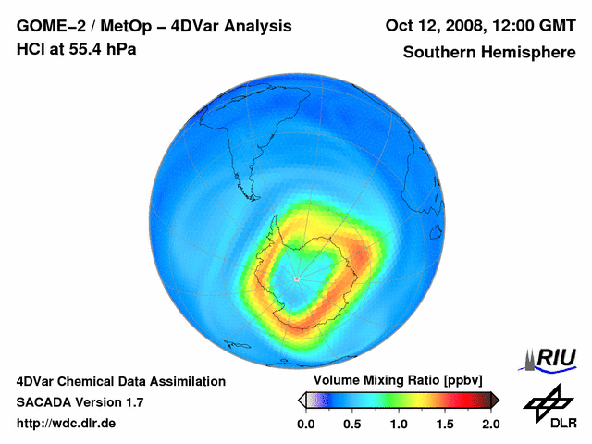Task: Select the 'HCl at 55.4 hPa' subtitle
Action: click(x=76, y=48)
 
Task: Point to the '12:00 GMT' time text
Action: click(x=531, y=26)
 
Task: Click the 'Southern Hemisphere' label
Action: click(x=488, y=52)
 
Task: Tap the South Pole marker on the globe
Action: click(x=296, y=277)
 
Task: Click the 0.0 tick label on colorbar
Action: click(x=305, y=425)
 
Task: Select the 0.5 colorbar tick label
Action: click(x=351, y=425)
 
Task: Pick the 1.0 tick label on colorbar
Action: click(x=398, y=425)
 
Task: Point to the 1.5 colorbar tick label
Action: click(x=444, y=425)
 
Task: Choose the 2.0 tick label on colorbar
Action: click(x=490, y=425)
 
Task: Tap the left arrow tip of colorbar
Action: click(x=298, y=400)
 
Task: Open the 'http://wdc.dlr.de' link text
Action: click(x=67, y=424)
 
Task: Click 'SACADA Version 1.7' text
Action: click(x=80, y=402)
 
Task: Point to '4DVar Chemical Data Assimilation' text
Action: click(x=120, y=381)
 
